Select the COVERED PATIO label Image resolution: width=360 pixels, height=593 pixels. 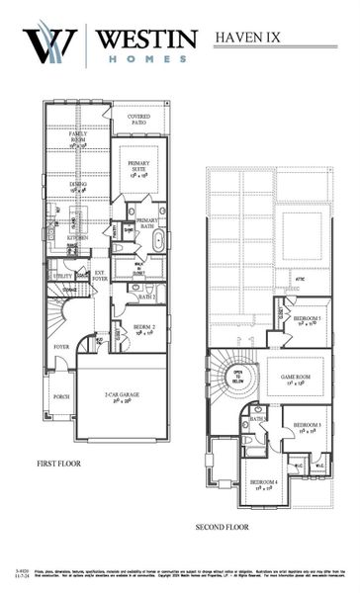(x=138, y=120)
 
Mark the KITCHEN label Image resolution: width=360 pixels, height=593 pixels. (x=78, y=238)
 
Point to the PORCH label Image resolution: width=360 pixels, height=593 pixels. (x=60, y=397)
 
